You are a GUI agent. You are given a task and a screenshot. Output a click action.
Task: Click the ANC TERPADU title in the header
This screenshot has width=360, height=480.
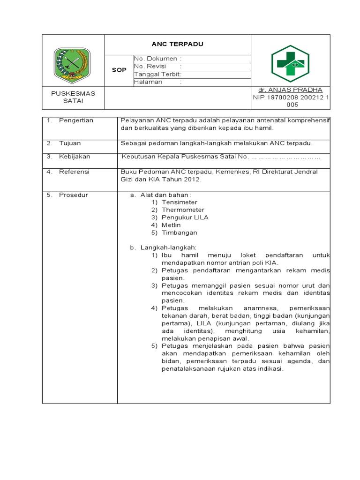[x=177, y=44]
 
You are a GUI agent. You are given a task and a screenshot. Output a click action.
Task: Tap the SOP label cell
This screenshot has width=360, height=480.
[x=119, y=70]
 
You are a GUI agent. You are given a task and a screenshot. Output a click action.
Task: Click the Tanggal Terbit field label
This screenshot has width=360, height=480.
[x=157, y=74]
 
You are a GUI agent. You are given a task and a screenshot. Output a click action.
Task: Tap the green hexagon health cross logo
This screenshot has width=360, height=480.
[x=290, y=63]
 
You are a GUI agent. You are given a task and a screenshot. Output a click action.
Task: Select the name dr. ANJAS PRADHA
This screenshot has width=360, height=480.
[x=290, y=90]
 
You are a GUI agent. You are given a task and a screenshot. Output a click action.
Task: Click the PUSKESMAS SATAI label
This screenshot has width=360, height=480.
[x=73, y=97]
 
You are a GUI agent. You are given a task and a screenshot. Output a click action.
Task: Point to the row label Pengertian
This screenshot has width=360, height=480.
[x=76, y=120]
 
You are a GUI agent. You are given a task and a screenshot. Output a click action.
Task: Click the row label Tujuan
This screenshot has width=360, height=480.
[x=70, y=143]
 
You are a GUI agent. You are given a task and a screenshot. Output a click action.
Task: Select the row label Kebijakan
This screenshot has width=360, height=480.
[x=75, y=157]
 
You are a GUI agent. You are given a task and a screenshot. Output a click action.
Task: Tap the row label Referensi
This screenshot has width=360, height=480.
[x=74, y=172]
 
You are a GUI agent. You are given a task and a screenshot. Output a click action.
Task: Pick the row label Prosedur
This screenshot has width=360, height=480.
[x=74, y=195]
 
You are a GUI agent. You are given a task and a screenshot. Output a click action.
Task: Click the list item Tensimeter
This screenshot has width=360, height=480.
[x=180, y=202]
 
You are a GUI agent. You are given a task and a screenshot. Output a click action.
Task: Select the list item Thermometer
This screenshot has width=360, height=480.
[x=183, y=210]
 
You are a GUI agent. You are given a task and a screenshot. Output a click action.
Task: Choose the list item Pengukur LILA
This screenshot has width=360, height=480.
[x=185, y=217]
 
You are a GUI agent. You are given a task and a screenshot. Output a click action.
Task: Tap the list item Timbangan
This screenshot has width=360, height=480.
[x=180, y=232]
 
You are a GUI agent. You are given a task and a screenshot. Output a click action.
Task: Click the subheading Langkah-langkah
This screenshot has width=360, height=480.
[x=168, y=247]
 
